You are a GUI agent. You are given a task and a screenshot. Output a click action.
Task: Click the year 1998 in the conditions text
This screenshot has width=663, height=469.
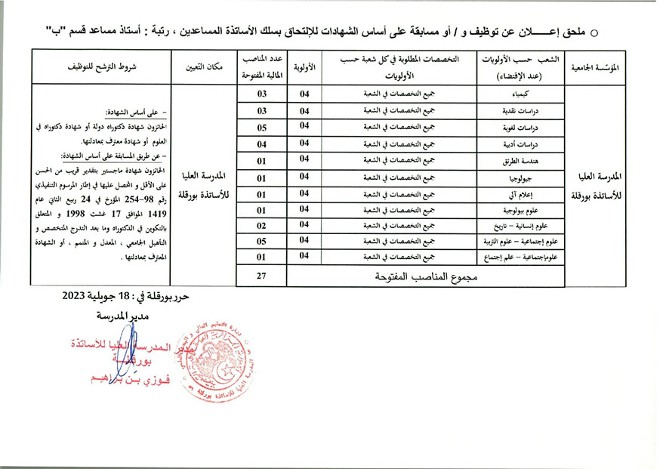[x=105, y=213]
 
